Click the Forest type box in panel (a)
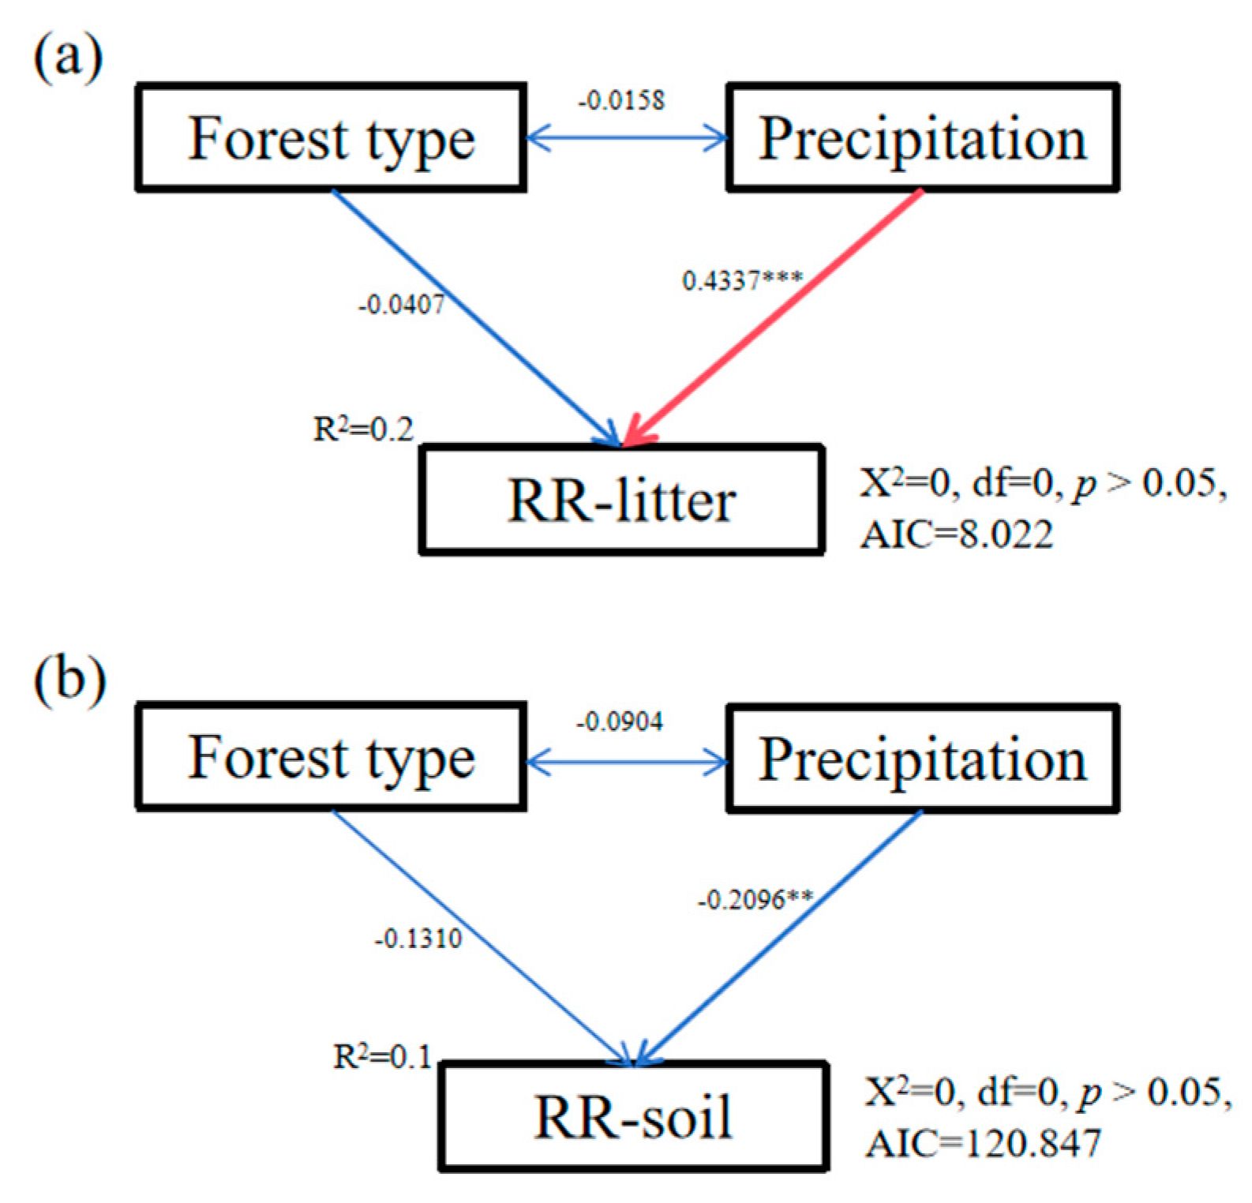coord(331,137)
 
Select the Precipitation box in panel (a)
coord(922,137)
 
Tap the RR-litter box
coord(621,500)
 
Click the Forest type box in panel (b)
coord(331,756)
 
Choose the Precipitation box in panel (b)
coord(922,758)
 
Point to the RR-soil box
coord(633,1116)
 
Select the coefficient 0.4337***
coord(742,280)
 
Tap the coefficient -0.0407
coord(401,305)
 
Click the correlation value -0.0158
coord(622,101)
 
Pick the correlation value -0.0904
coord(620,721)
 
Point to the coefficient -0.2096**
coord(755,900)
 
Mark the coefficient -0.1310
coord(418,939)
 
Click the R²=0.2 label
coord(363,429)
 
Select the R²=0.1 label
coord(382,1056)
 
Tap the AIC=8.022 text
coord(956,535)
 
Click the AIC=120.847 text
coord(983,1143)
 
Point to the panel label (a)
coord(68,57)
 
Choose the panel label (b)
coord(69,678)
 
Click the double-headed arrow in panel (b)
coord(626,763)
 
